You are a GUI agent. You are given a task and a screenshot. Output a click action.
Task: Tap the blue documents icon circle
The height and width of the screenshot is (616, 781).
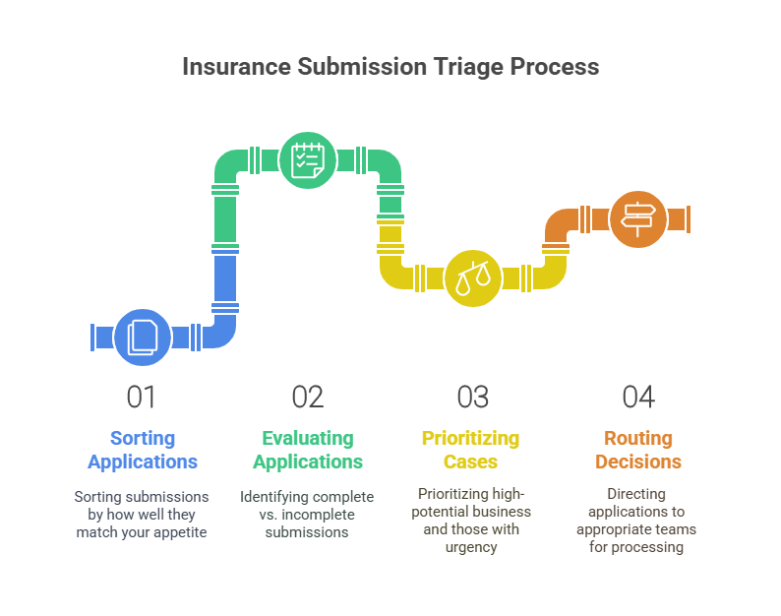tap(143, 338)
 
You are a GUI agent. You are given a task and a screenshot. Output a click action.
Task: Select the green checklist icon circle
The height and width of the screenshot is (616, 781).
tap(308, 159)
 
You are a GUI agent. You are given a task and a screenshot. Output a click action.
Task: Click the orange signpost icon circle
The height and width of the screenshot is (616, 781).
tap(637, 218)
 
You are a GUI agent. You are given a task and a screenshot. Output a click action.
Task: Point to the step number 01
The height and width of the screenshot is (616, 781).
tap(142, 397)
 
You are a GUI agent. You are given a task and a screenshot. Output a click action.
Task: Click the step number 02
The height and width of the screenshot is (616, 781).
tap(308, 397)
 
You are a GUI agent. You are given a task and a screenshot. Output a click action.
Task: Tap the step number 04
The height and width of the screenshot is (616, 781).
tap(638, 397)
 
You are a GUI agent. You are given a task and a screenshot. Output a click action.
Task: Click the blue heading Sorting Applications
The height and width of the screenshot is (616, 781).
tap(143, 450)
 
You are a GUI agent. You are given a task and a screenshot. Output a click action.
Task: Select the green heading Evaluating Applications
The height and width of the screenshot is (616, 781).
tap(308, 450)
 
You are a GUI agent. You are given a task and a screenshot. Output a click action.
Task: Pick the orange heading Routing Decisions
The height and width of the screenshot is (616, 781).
tap(638, 450)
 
